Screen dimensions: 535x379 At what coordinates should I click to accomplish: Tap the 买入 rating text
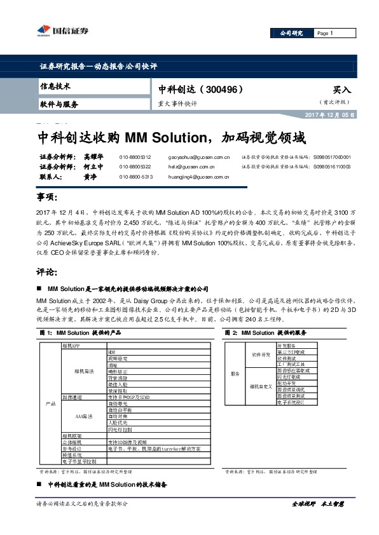point(341,90)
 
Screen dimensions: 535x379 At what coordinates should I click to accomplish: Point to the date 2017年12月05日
point(324,115)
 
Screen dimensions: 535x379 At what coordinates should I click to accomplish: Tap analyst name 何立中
point(93,166)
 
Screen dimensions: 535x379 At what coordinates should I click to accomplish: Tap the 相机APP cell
point(71,345)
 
